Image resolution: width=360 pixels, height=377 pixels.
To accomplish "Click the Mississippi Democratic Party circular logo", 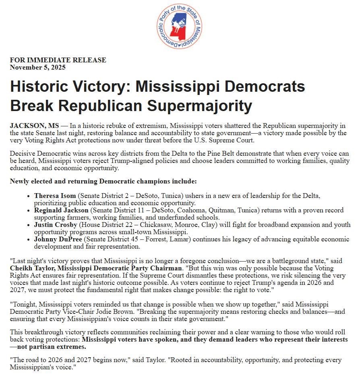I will tap(180, 27).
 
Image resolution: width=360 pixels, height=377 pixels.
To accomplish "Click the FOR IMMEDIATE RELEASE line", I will tap(58, 60).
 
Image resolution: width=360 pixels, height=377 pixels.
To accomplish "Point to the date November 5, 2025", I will tap(37, 67).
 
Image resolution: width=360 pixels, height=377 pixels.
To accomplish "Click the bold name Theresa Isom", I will tap(55, 196).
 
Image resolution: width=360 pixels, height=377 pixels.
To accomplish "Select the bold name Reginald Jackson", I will tap(61, 210).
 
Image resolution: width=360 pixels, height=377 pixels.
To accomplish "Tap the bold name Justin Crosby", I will tap(56, 225).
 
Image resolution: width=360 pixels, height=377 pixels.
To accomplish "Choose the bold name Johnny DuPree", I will tap(57, 239).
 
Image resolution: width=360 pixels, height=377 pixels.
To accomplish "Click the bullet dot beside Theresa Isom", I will tap(29, 196).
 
